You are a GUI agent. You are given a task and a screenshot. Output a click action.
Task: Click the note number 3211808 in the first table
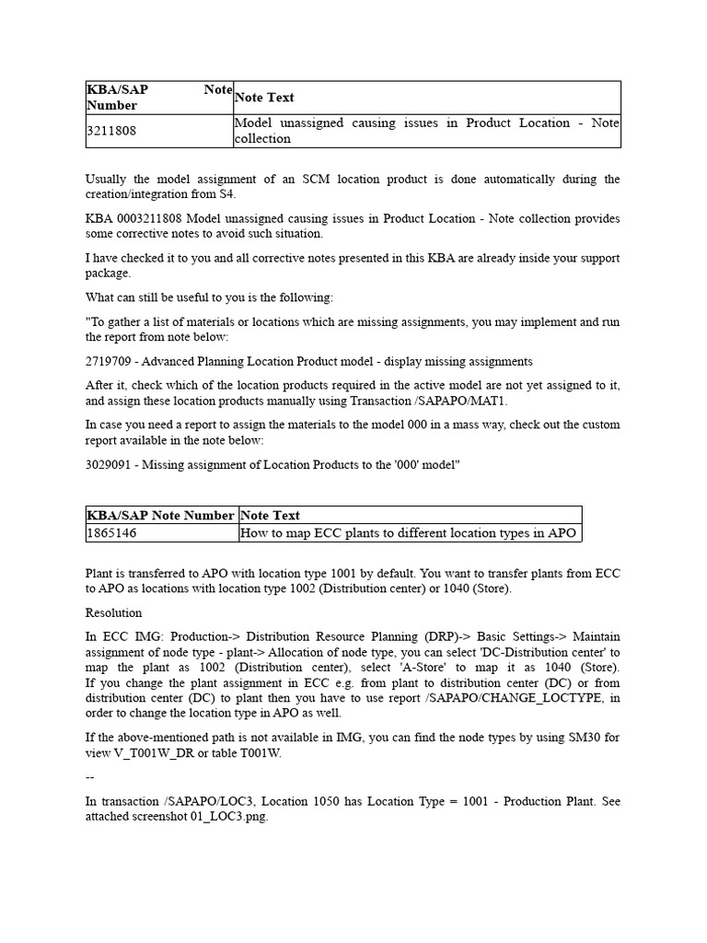point(111,131)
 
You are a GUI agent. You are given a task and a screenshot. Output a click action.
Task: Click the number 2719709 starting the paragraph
point(111,361)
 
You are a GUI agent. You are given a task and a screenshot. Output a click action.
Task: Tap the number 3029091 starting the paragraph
point(111,464)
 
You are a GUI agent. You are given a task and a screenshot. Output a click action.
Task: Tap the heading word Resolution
point(114,612)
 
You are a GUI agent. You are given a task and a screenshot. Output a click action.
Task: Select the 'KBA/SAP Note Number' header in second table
point(160,515)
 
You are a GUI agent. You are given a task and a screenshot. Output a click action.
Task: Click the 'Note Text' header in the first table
point(265,97)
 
